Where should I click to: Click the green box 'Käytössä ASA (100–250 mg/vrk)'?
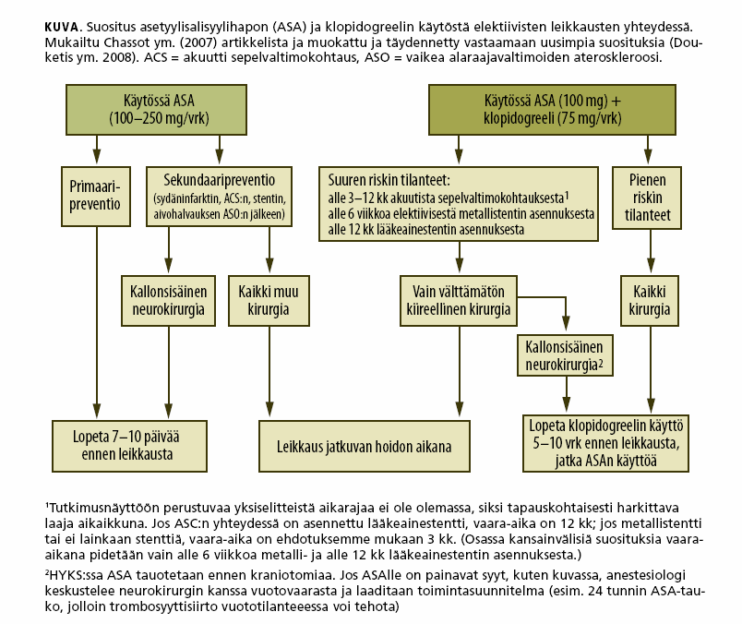click(x=156, y=110)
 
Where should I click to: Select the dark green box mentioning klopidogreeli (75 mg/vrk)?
click(x=552, y=110)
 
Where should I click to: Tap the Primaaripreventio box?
click(x=96, y=196)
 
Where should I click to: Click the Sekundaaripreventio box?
click(x=219, y=196)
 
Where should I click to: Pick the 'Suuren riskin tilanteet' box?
click(x=459, y=204)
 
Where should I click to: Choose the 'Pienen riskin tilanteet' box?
click(x=647, y=198)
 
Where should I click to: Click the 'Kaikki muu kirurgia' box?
click(x=269, y=301)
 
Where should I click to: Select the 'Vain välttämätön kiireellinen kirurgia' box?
click(x=459, y=301)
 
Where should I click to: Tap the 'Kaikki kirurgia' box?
click(x=650, y=301)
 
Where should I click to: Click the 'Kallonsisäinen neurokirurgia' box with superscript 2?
click(x=565, y=355)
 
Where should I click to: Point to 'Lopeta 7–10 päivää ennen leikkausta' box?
click(x=129, y=446)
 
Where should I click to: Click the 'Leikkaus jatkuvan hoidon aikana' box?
click(x=365, y=446)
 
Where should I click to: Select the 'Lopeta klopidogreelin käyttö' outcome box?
click(x=605, y=443)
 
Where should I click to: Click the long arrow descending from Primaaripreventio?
click(x=97, y=323)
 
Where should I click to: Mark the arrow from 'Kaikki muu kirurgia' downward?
click(x=269, y=371)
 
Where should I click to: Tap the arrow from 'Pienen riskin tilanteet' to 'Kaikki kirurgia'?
click(x=651, y=251)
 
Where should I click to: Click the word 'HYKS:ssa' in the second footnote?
click(x=77, y=576)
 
